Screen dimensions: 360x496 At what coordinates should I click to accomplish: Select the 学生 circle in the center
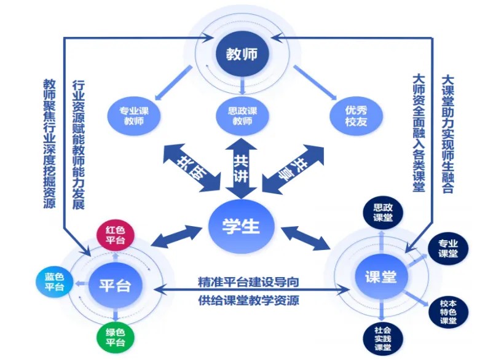point(242,227)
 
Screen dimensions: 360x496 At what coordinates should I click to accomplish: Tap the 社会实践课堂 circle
point(382,338)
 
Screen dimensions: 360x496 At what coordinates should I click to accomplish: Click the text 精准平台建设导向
point(249,282)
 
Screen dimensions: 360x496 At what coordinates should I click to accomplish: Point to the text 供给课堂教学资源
point(249,301)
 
